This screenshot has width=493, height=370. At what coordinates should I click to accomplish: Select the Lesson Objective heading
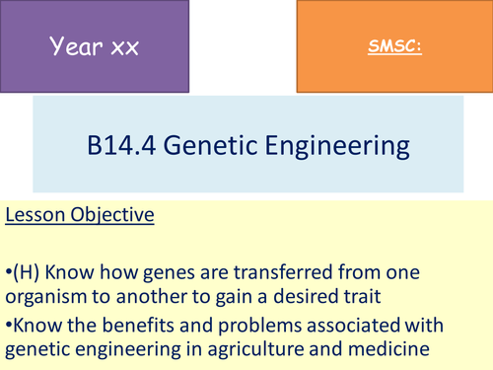click(x=79, y=215)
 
